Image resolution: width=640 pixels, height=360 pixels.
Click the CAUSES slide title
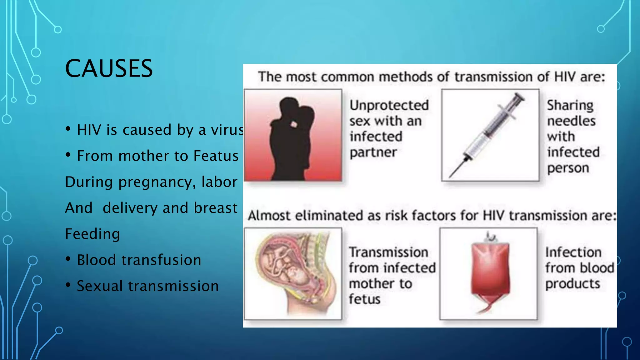tap(109, 68)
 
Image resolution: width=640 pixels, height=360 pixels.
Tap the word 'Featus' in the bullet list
tap(216, 156)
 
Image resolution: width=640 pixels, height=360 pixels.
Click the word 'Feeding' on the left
tap(92, 234)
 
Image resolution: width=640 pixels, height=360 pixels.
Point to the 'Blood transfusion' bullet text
tap(139, 260)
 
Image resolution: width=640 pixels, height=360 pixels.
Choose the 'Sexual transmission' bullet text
tap(147, 286)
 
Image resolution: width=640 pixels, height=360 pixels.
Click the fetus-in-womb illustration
tap(294, 272)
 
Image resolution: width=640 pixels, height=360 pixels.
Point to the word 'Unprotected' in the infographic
tap(389, 105)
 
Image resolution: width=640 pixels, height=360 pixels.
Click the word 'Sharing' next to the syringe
tap(570, 105)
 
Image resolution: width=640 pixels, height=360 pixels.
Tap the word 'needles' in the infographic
tap(571, 121)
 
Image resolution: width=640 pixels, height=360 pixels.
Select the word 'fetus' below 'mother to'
tap(364, 299)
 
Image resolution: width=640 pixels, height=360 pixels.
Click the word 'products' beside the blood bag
tap(572, 284)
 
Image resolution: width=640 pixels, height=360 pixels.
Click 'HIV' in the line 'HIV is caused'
tap(89, 130)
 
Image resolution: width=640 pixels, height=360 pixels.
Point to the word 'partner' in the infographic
tap(373, 152)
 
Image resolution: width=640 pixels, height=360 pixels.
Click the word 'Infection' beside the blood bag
tap(573, 252)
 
